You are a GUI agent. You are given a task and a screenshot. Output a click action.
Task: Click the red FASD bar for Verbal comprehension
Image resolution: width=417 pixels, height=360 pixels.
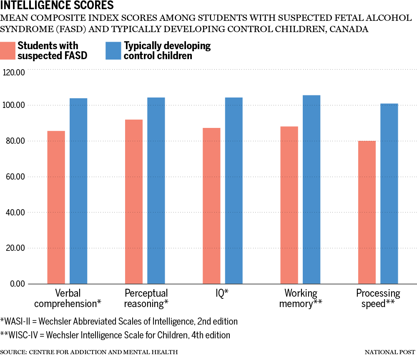pyautogui.click(x=56, y=207)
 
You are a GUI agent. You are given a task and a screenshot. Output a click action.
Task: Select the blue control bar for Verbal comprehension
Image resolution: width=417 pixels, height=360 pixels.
pyautogui.click(x=78, y=191)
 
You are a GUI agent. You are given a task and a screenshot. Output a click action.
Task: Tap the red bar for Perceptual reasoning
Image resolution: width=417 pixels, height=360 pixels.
pyautogui.click(x=134, y=202)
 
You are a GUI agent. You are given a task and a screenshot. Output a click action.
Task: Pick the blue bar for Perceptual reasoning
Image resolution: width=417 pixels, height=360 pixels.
pyautogui.click(x=156, y=190)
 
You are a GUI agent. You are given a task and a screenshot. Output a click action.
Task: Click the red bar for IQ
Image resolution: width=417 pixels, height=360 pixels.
pyautogui.click(x=211, y=206)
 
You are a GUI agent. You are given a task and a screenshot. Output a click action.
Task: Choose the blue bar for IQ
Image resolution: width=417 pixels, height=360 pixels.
pyautogui.click(x=234, y=190)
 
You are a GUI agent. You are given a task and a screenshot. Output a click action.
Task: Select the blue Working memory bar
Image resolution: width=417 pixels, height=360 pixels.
pyautogui.click(x=311, y=190)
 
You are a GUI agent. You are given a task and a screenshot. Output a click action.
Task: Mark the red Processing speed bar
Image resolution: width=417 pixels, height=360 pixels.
pyautogui.click(x=367, y=212)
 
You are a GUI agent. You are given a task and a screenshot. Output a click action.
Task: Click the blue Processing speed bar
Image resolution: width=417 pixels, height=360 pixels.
pyautogui.click(x=389, y=193)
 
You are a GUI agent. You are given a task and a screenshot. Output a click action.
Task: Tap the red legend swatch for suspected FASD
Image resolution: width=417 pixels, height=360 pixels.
pyautogui.click(x=8, y=50)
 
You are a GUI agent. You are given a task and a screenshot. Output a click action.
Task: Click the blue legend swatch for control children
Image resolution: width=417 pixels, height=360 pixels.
pyautogui.click(x=113, y=50)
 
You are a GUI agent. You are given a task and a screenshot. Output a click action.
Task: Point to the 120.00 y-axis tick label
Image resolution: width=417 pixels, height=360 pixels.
pyautogui.click(x=14, y=73)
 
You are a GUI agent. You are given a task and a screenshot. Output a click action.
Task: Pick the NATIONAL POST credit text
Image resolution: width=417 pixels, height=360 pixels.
pyautogui.click(x=390, y=352)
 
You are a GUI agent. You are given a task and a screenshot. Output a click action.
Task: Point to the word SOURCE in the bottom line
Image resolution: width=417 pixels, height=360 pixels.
pyautogui.click(x=13, y=352)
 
